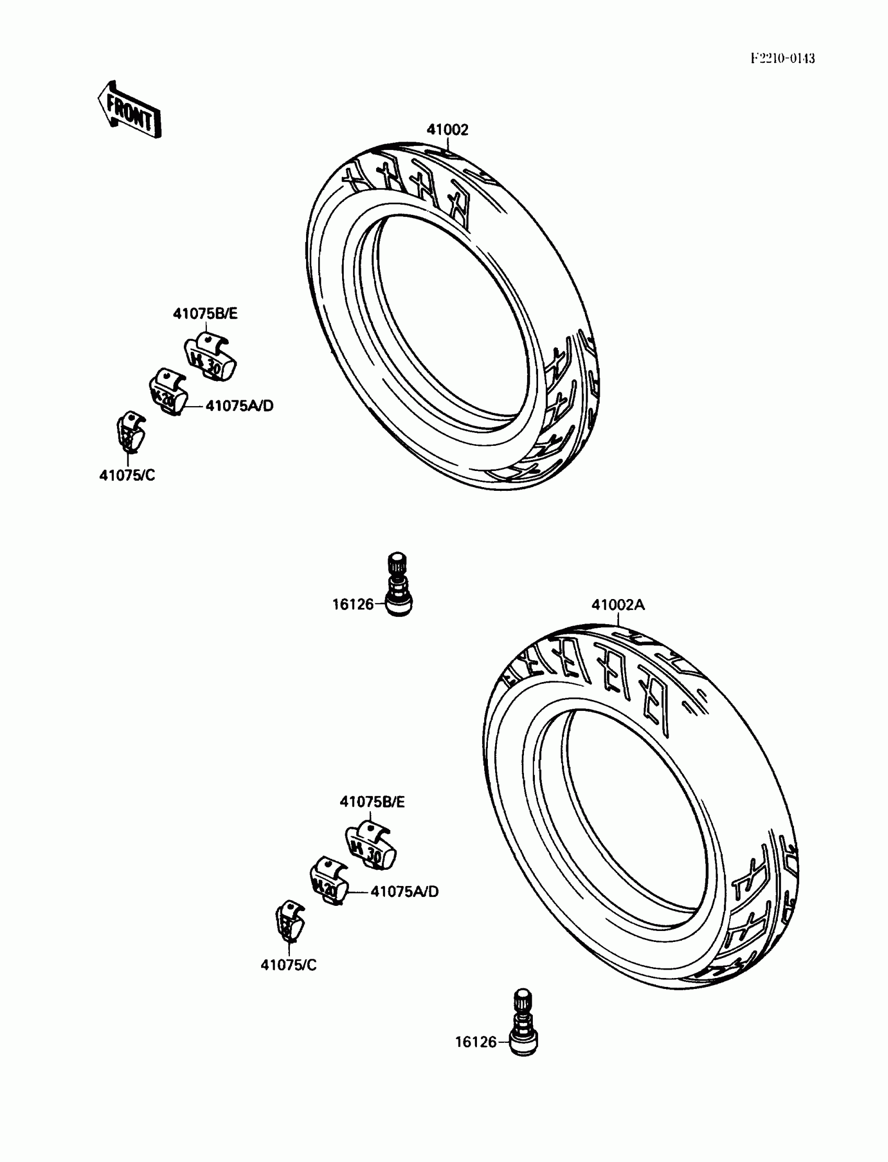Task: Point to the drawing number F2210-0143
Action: (782, 59)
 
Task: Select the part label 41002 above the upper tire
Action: (447, 130)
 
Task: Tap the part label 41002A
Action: (617, 605)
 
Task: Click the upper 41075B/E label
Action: (205, 314)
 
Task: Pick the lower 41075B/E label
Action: (371, 802)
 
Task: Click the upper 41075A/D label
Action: (239, 406)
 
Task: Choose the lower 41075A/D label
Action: (404, 892)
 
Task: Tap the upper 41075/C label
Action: (127, 476)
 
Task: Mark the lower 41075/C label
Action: (288, 965)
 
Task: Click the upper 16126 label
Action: (353, 604)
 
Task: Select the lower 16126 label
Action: (476, 1042)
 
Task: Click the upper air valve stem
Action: (398, 584)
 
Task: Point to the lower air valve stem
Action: (523, 1022)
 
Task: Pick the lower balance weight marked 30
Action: (371, 845)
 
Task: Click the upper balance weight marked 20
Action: (168, 393)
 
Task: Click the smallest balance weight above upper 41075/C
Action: (129, 431)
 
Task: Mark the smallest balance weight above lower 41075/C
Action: (290, 921)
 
